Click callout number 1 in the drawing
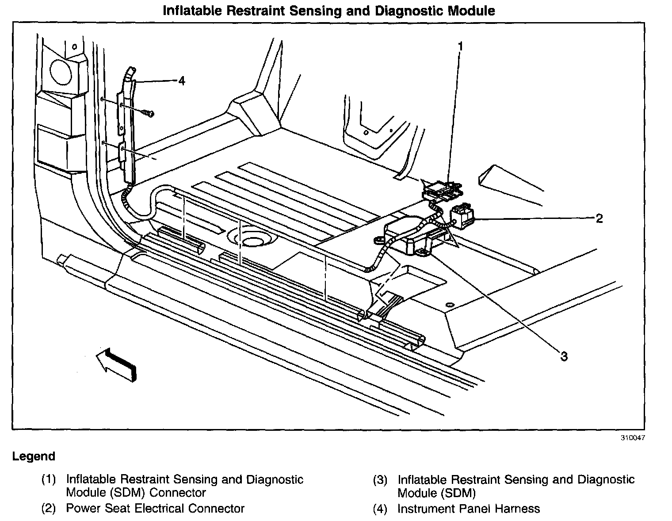[x=460, y=46]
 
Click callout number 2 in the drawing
[x=599, y=218]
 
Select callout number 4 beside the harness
[x=181, y=80]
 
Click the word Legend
[x=34, y=456]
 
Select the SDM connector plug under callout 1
[x=443, y=190]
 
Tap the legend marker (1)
[x=49, y=479]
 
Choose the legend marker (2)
[x=49, y=509]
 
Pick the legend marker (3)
[x=380, y=479]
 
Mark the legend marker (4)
[x=380, y=509]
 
